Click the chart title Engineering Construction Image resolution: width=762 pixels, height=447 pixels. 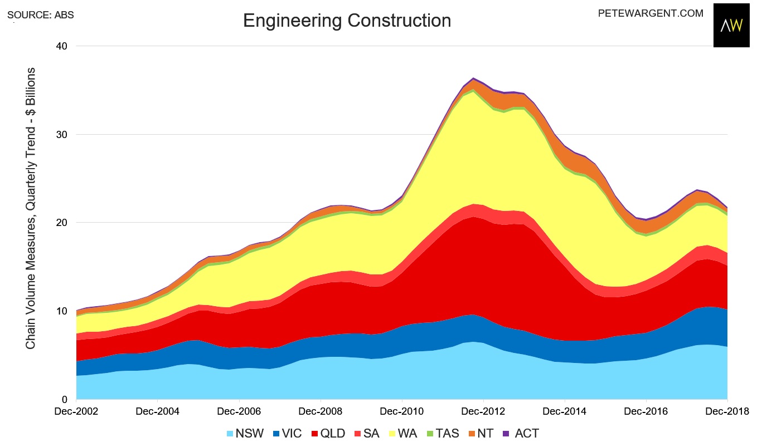(347, 21)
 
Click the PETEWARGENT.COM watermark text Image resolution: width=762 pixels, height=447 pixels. (650, 13)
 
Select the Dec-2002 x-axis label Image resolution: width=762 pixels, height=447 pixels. (76, 412)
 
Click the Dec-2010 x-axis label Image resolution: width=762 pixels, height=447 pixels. (402, 412)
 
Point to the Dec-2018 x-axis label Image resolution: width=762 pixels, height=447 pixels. (727, 412)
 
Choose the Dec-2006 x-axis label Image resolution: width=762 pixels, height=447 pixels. (239, 412)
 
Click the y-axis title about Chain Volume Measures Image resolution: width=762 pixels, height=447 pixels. (31, 208)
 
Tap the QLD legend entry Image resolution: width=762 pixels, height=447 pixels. (326, 433)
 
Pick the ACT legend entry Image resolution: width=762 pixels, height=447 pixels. (521, 433)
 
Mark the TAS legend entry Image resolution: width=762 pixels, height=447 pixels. (441, 433)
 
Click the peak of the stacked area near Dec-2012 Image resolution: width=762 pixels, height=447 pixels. (473, 78)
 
